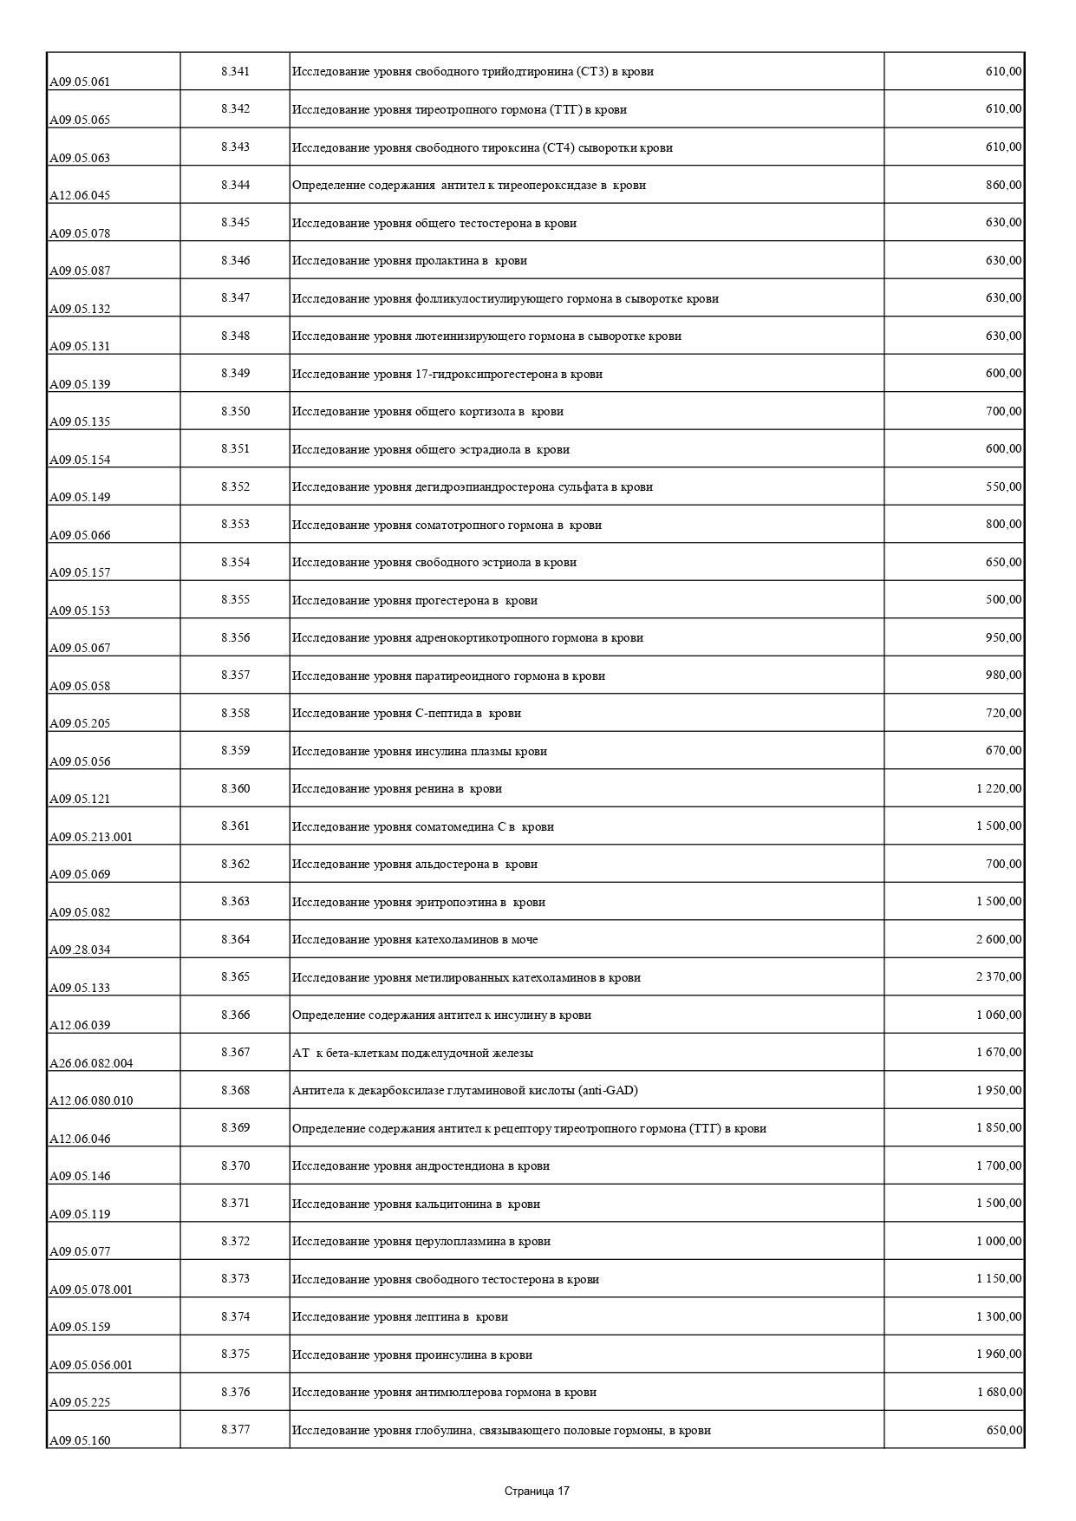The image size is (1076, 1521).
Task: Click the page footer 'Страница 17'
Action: (537, 1492)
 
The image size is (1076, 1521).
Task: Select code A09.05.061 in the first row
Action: (80, 82)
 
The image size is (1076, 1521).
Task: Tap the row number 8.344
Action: (235, 185)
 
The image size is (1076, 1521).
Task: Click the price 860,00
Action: (1003, 185)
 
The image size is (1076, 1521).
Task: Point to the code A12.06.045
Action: (80, 196)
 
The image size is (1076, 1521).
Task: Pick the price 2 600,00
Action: (999, 939)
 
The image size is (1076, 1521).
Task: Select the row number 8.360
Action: (235, 788)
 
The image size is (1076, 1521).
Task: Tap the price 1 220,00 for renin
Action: (999, 788)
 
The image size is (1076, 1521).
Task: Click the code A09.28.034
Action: (80, 950)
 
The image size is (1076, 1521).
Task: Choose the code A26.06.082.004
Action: (91, 1063)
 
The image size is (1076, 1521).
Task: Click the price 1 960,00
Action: (999, 1354)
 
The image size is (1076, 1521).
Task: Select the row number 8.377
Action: (235, 1429)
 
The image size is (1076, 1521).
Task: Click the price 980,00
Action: (1003, 675)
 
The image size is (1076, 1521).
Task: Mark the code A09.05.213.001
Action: (91, 837)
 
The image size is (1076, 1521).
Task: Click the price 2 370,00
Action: (999, 976)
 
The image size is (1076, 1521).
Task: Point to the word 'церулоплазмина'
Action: (460, 1241)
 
